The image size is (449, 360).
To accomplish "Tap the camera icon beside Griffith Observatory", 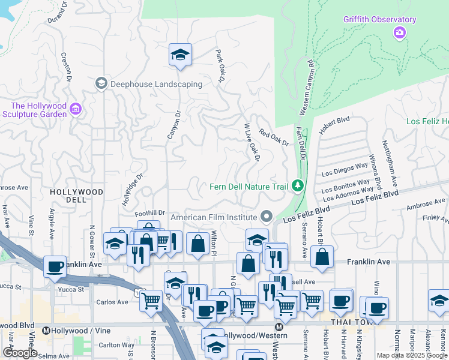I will click(x=399, y=32).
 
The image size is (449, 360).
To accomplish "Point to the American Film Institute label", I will click(x=214, y=217).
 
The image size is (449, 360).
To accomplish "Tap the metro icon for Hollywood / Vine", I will click(x=46, y=330).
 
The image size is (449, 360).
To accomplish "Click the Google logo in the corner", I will click(x=20, y=352).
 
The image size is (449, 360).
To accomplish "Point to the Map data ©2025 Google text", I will click(x=412, y=355).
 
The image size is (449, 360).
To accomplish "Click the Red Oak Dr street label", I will click(x=274, y=137).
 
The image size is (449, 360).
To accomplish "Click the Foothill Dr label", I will click(x=149, y=212).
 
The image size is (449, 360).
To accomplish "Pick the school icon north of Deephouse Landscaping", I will click(x=180, y=55).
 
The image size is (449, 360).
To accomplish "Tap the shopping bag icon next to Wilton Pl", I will click(x=197, y=243).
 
